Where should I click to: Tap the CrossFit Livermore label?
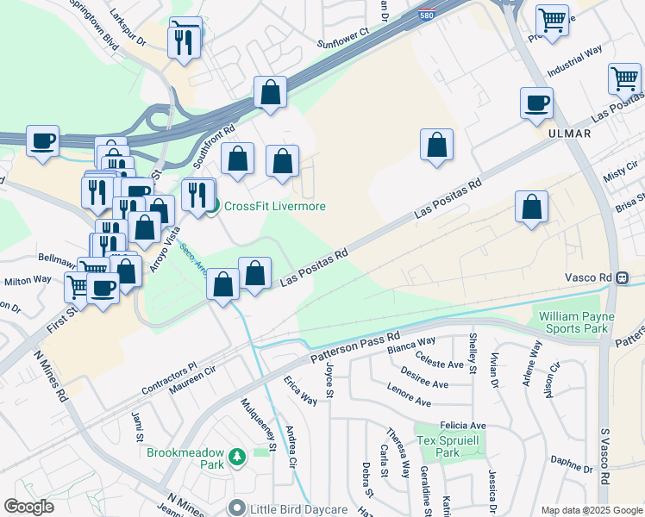click(267, 206)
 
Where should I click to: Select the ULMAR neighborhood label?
click(569, 134)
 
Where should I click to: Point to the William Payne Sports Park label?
click(577, 322)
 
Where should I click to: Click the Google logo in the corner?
click(28, 507)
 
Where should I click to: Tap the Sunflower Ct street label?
click(342, 39)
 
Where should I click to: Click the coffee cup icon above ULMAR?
click(536, 103)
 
